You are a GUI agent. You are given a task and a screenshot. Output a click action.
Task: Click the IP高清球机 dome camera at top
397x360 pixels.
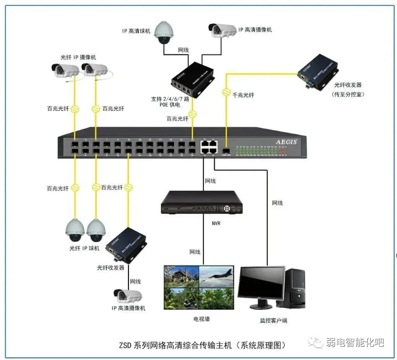click(x=163, y=33)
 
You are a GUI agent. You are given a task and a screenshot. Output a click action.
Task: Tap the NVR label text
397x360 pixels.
click(x=216, y=224)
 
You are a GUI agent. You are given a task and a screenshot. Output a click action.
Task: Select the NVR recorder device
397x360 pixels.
click(x=202, y=203)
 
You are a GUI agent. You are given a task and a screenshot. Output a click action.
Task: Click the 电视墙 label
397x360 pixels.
click(x=202, y=319)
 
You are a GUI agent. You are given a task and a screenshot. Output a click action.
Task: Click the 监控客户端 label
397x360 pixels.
click(x=273, y=320)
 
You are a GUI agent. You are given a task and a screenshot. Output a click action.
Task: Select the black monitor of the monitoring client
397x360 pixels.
click(x=261, y=285)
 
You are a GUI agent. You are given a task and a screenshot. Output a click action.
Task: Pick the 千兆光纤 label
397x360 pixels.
click(x=243, y=95)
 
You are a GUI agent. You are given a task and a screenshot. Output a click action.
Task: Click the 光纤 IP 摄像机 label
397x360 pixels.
click(x=78, y=57)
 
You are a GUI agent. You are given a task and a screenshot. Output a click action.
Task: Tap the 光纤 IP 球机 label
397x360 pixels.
click(x=85, y=248)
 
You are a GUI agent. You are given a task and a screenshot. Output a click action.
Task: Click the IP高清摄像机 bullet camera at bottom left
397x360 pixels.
click(x=128, y=296)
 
